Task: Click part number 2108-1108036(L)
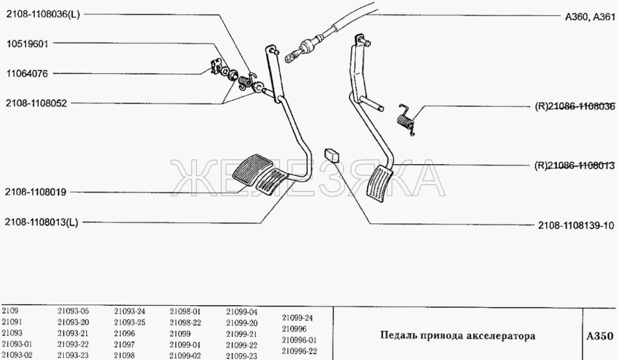42,15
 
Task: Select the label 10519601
27,43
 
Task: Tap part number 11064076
27,73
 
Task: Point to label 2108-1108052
36,103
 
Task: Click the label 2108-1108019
35,192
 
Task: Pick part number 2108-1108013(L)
41,222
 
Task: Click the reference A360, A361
590,17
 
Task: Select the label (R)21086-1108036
575,106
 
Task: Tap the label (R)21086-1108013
575,166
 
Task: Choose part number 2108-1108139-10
576,225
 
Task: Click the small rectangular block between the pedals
332,155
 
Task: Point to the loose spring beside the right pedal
406,120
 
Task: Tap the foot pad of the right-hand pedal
379,184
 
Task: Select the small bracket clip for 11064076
215,66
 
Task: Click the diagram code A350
599,336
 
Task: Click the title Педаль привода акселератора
458,336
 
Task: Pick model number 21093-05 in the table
73,311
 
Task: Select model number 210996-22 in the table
299,351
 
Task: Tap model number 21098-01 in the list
185,311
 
